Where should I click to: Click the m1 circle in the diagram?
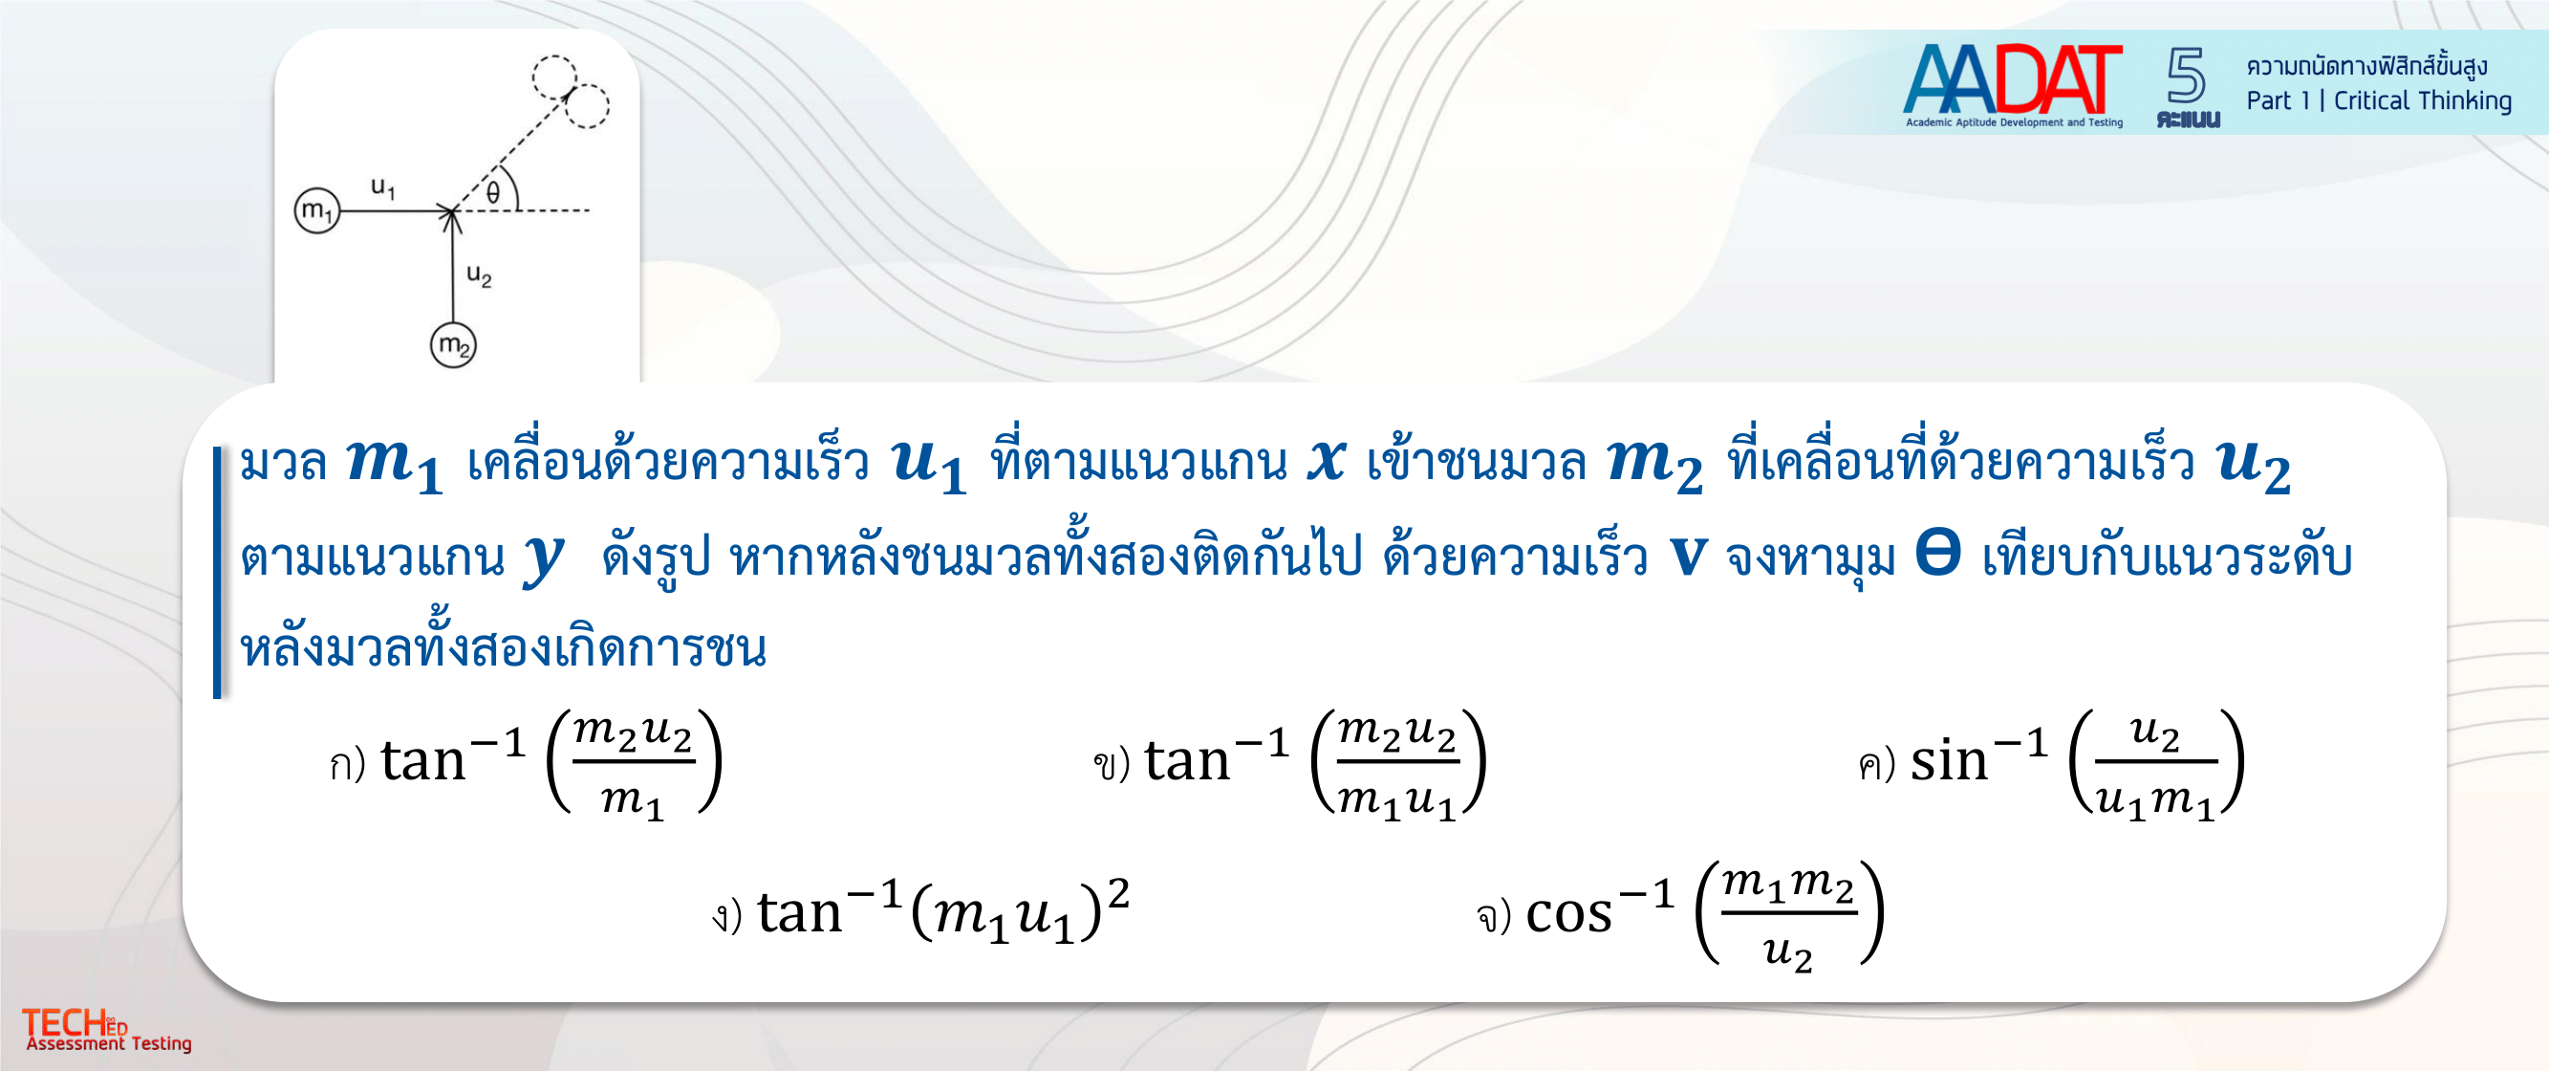(316, 210)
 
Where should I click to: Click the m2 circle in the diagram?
(453, 345)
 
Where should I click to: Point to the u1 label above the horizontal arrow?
(383, 186)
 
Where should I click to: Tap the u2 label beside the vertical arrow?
(479, 274)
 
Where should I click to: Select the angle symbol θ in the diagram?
(493, 192)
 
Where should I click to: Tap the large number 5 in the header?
(2186, 76)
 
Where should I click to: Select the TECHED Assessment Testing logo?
(107, 1030)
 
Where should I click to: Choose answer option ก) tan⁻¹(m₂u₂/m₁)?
(526, 761)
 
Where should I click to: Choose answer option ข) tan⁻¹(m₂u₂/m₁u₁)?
(1289, 762)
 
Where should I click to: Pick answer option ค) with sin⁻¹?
(2051, 762)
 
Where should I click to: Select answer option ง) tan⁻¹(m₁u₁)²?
(920, 910)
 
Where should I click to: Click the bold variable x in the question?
(1326, 461)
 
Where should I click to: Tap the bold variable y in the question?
(544, 558)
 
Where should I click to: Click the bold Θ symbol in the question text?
(1937, 553)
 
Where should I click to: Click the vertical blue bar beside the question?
(218, 572)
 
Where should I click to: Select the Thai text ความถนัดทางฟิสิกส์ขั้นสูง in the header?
(2365, 66)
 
